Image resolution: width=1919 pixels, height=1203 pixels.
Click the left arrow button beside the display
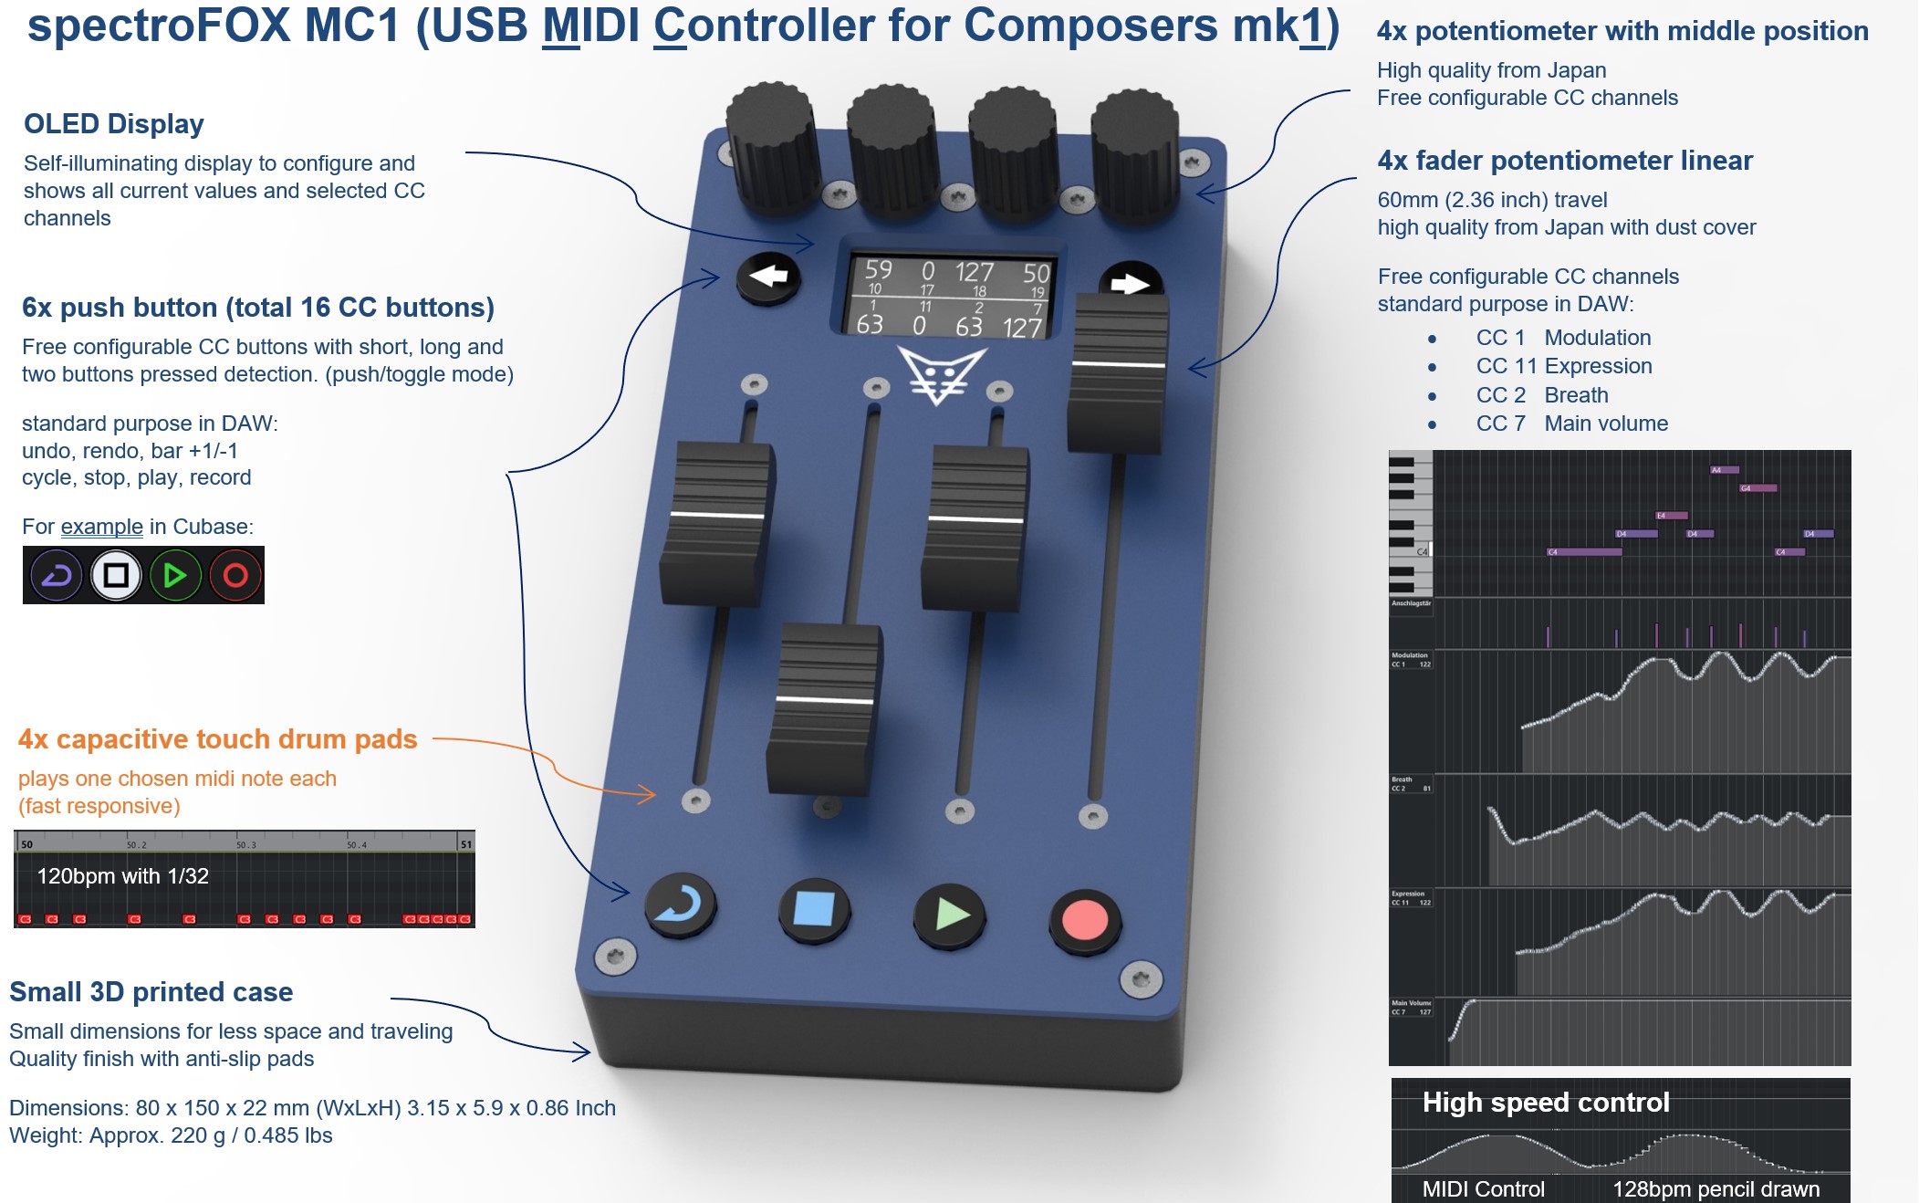[x=767, y=276]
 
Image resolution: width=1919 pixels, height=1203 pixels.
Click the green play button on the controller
[x=949, y=914]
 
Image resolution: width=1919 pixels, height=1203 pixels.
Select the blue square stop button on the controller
[x=814, y=909]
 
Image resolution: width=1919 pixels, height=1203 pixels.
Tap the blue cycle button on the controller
[x=680, y=905]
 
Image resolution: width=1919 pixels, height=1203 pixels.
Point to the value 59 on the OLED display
[x=878, y=269]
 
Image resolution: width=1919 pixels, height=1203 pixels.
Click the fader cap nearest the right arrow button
[x=1118, y=374]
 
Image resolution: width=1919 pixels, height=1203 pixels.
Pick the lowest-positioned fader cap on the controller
[x=824, y=707]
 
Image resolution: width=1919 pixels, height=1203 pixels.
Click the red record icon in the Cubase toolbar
[x=235, y=575]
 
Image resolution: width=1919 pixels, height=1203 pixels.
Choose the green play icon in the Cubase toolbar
[x=175, y=575]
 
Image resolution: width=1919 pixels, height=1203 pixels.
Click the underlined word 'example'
[x=101, y=527]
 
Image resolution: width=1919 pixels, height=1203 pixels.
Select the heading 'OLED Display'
[x=114, y=124]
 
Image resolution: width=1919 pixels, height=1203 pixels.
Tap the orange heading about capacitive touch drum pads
[x=217, y=738]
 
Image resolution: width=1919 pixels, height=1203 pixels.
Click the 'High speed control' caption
[x=1546, y=1103]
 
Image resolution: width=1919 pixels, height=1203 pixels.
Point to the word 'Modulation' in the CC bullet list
[x=1597, y=338]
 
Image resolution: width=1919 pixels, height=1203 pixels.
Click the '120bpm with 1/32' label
[x=122, y=876]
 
